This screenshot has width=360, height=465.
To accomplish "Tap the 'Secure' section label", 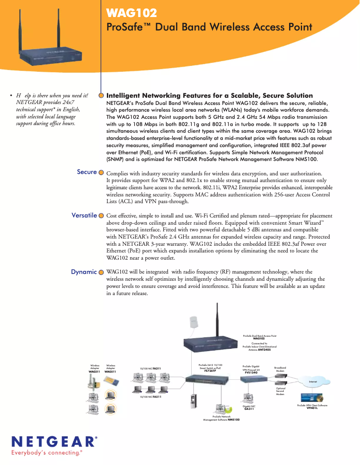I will pyautogui.click(x=87, y=172).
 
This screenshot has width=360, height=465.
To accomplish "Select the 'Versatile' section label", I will pyautogui.click(x=84, y=215).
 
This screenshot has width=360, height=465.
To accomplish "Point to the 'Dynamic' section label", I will pyautogui.click(x=84, y=272).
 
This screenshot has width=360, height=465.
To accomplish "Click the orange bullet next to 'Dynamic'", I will pyautogui.click(x=101, y=272).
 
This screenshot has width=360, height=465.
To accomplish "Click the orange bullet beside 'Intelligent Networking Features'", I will pyautogui.click(x=101, y=96).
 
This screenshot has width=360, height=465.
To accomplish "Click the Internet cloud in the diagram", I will pyautogui.click(x=313, y=382).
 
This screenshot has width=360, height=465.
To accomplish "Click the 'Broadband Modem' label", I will pyautogui.click(x=280, y=369).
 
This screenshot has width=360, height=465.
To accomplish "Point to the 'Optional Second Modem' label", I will pyautogui.click(x=280, y=391).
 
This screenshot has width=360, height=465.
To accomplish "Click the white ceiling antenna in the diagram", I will pyautogui.click(x=194, y=322).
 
